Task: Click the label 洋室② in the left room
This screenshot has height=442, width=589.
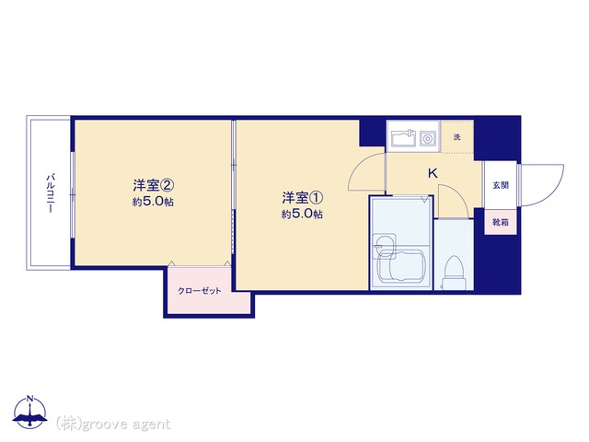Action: pos(153,185)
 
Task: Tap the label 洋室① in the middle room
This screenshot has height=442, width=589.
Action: pos(303,197)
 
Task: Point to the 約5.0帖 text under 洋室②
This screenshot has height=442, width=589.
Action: pos(153,202)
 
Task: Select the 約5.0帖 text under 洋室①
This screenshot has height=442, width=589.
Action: pos(303,215)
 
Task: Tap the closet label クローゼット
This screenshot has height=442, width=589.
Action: pos(200,291)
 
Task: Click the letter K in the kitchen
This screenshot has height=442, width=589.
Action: pos(433,174)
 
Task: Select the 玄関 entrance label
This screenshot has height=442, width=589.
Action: pos(501,185)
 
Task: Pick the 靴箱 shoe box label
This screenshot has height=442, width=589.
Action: pos(501,222)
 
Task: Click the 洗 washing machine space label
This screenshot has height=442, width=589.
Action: pos(456,137)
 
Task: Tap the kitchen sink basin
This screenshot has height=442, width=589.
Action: pos(403,138)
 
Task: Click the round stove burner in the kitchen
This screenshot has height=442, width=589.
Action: pos(427,139)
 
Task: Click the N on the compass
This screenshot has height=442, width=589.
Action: pos(30,399)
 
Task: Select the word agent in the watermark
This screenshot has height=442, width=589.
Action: pos(151,425)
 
